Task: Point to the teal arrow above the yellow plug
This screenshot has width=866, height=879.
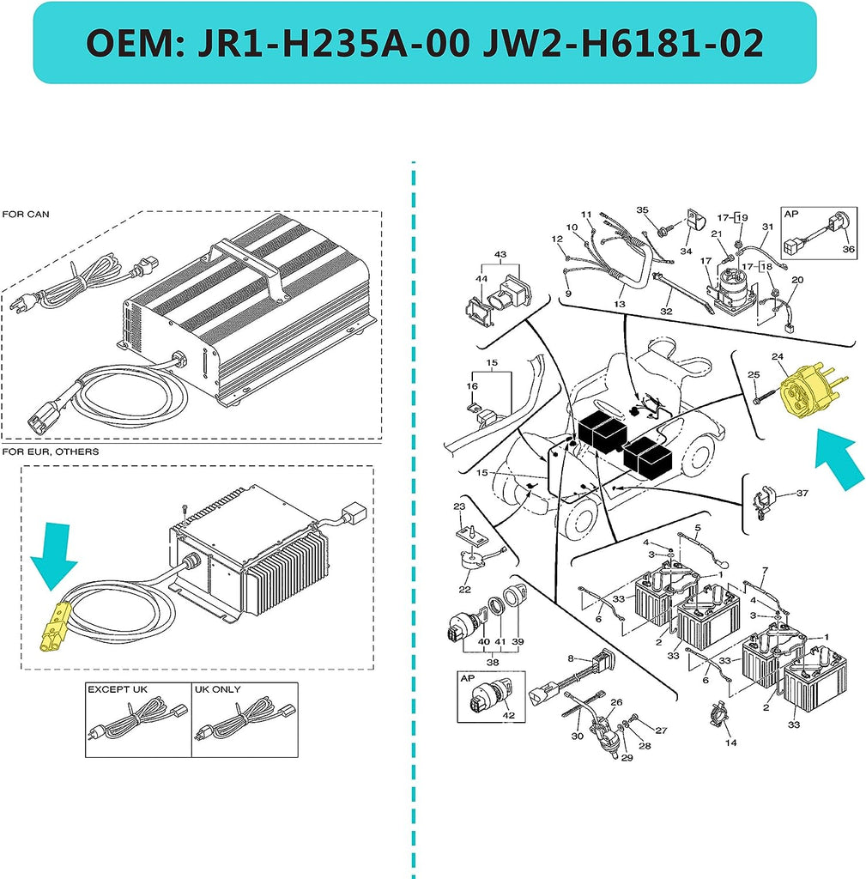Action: tap(53, 572)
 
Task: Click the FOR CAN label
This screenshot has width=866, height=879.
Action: tap(26, 214)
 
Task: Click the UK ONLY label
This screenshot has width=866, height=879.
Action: tap(218, 689)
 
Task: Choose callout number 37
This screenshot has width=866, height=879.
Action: tap(802, 493)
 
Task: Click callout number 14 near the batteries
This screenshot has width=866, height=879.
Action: tap(730, 743)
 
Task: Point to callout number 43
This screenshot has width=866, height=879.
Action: tap(500, 255)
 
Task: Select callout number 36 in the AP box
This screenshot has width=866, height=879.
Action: tap(848, 249)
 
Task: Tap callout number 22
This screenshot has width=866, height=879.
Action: tap(464, 589)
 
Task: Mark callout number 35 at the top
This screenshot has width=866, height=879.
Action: tap(642, 210)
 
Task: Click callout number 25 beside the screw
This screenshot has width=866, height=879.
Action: tap(753, 374)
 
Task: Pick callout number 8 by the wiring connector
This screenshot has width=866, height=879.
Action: tap(571, 658)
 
